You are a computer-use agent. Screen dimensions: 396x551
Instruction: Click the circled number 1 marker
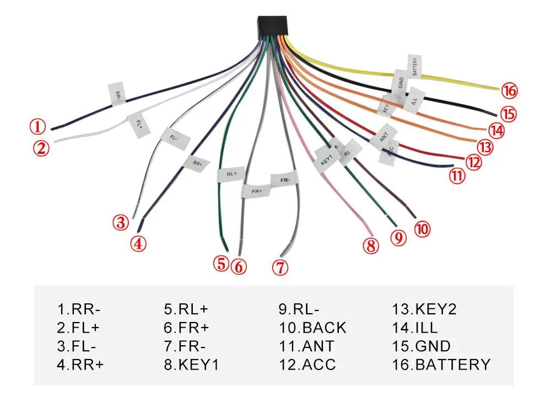coord(37,127)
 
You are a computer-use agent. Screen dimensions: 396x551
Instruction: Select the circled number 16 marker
coord(510,90)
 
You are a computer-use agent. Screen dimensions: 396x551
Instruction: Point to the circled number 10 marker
coord(422,228)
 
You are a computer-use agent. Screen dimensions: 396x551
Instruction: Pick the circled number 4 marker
coord(139,243)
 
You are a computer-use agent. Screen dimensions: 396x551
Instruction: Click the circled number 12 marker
coord(473,162)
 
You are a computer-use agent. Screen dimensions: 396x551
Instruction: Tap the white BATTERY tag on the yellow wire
coord(415,66)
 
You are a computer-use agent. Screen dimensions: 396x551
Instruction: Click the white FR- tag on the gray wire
coord(284,180)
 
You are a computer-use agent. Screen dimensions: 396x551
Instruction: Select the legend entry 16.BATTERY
coord(441,364)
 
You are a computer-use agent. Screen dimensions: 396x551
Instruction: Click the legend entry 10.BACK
coord(312,328)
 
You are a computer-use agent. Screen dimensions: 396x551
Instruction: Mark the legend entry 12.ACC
coord(307,364)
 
